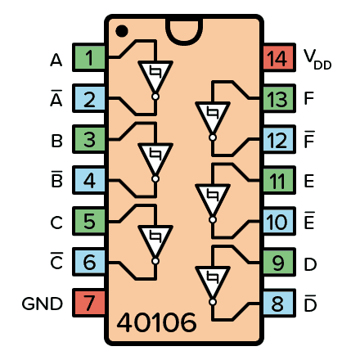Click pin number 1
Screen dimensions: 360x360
coord(89,59)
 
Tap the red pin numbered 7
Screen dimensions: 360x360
coord(89,304)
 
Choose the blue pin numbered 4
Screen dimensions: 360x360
coord(89,182)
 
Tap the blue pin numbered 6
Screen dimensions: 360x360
coord(89,263)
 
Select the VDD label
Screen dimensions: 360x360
coord(317,59)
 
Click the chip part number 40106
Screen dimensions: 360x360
coord(156,322)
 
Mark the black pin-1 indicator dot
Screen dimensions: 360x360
coord(121,31)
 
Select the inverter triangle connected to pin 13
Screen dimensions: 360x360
coord(211,117)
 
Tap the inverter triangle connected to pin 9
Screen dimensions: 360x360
coord(211,281)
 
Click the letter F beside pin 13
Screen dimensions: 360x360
coord(308,100)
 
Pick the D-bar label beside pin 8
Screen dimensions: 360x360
coord(309,303)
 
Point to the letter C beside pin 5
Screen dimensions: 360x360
coord(56,223)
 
